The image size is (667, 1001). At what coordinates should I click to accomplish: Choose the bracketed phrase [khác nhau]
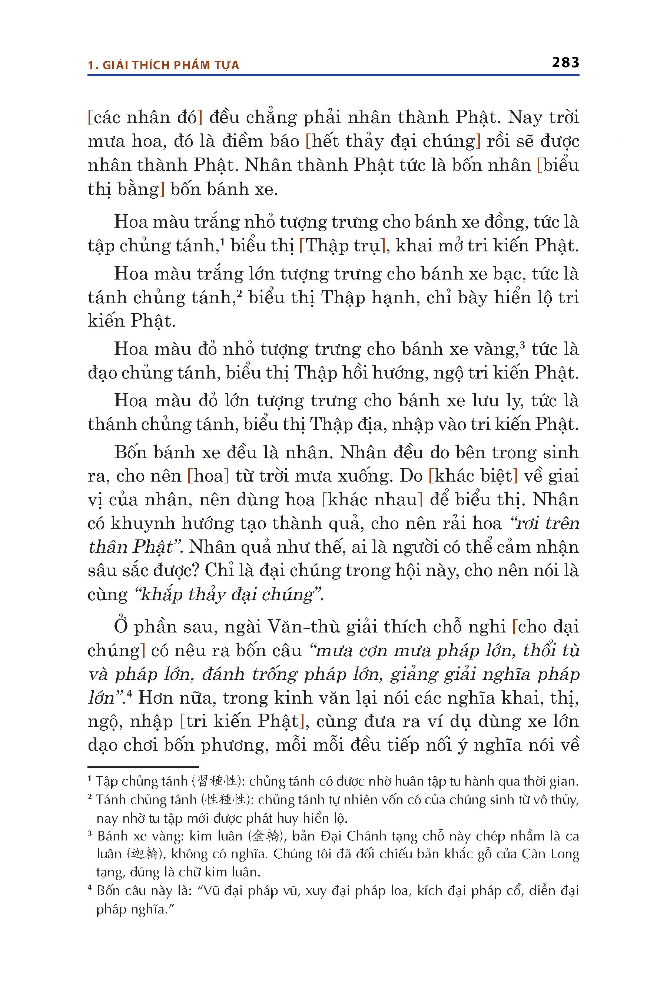[x=372, y=500]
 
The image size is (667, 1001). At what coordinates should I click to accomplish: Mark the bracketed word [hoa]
[x=208, y=476]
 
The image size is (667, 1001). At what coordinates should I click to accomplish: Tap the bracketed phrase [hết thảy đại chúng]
[x=393, y=141]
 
